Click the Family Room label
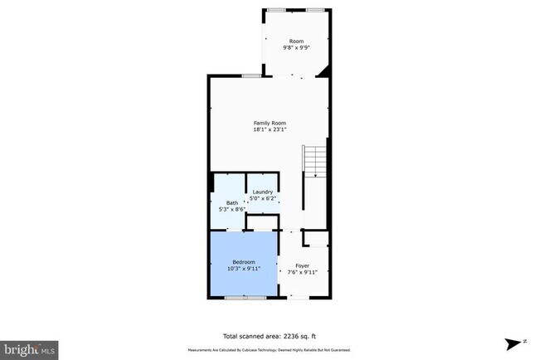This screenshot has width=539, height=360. [x=269, y=123]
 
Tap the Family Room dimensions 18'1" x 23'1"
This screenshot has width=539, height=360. [x=269, y=129]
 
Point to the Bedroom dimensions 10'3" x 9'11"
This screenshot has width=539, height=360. [x=245, y=269]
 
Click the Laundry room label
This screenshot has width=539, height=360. [x=263, y=192]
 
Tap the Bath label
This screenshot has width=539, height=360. [x=231, y=203]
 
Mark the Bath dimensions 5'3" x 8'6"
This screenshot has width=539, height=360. [x=231, y=210]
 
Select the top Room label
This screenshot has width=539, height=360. [x=296, y=41]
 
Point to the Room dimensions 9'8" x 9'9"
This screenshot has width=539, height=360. [x=296, y=48]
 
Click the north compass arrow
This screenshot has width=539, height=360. [x=514, y=342]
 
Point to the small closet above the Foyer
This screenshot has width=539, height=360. [x=315, y=239]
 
